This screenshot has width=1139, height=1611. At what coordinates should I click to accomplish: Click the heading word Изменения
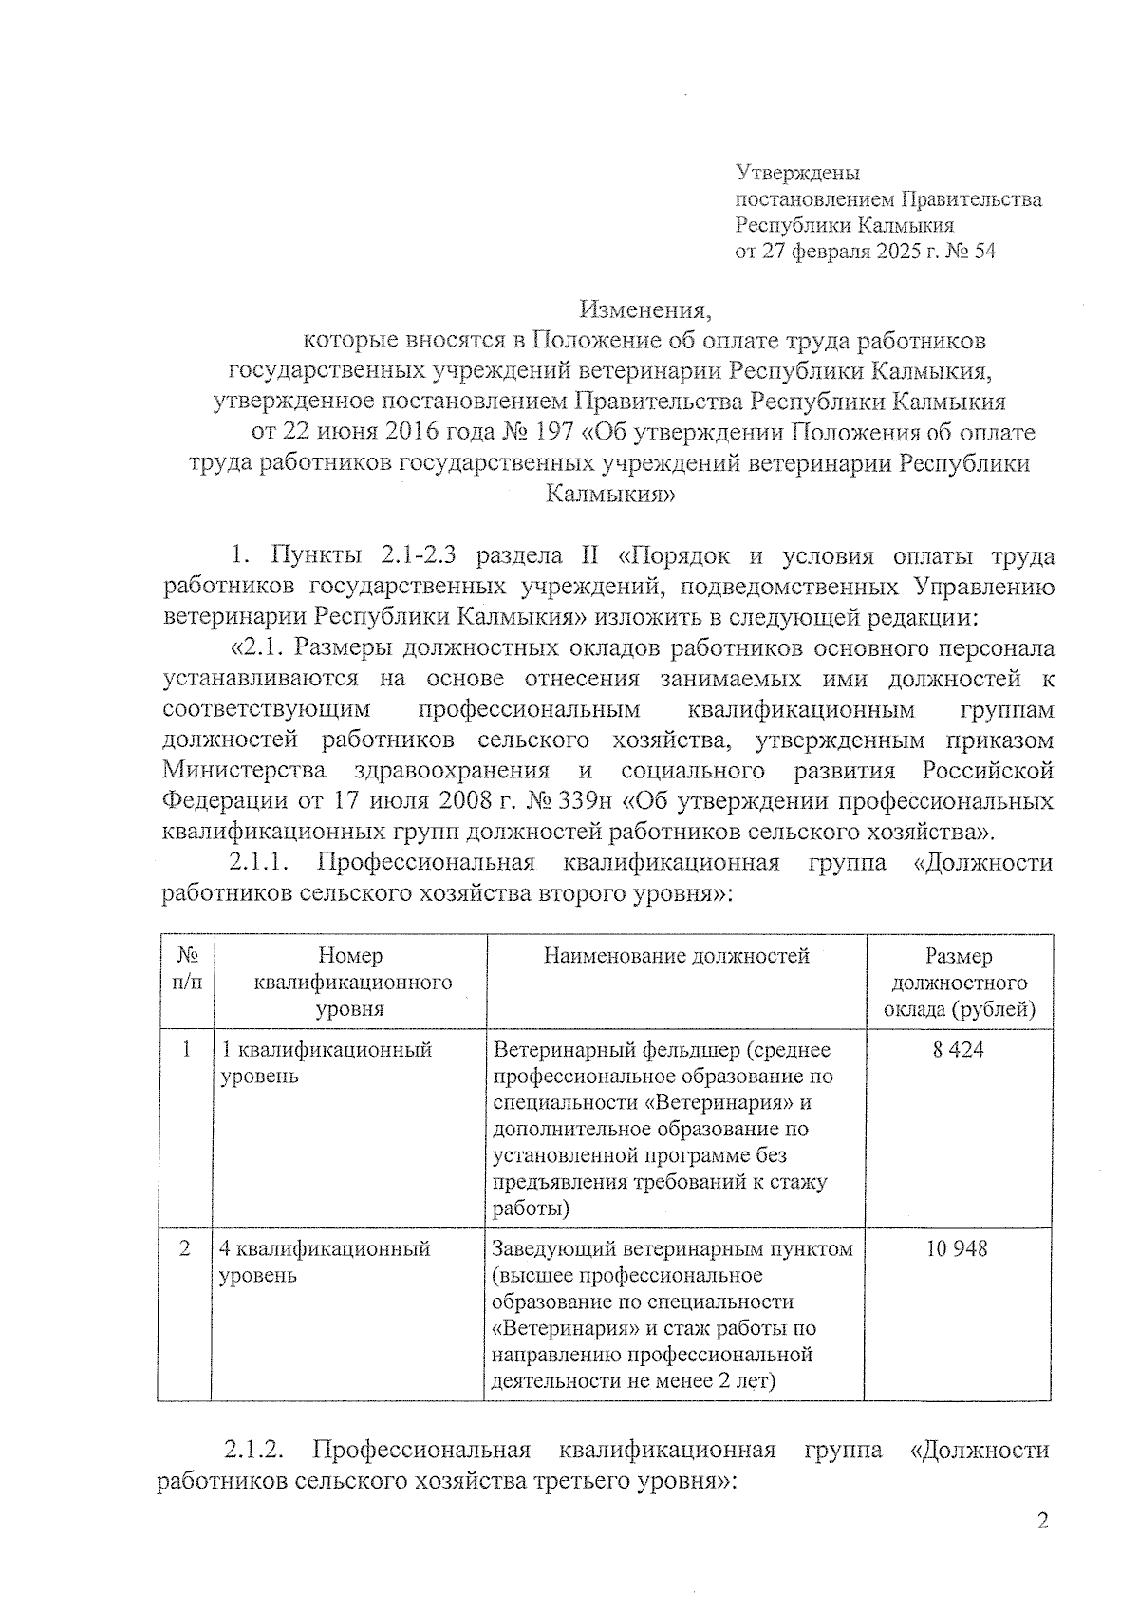click(x=644, y=309)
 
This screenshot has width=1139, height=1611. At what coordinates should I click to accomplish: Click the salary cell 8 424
click(x=959, y=1050)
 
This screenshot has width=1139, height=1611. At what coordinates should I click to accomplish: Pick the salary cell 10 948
click(x=958, y=1248)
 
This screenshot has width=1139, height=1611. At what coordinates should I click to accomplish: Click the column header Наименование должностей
click(x=676, y=956)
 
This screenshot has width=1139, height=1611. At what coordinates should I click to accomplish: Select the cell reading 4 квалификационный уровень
click(x=325, y=1262)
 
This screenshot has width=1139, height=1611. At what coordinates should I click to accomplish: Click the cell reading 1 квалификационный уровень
click(x=326, y=1062)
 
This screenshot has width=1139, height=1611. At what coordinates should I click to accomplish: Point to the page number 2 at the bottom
click(x=1042, y=1522)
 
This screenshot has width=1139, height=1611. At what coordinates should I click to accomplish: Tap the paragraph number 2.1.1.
click(x=259, y=862)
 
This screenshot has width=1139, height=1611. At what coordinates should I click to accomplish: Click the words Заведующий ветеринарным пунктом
click(x=673, y=1248)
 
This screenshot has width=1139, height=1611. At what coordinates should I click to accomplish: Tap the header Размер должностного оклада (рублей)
click(x=959, y=982)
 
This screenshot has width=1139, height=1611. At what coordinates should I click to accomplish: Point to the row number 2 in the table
click(x=185, y=1248)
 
